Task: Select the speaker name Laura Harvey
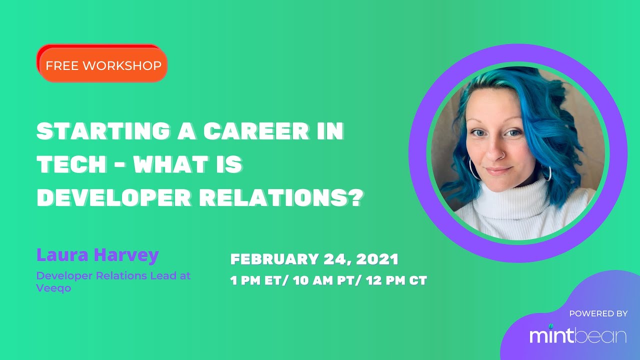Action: [97, 255]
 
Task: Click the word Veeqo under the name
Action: [53, 288]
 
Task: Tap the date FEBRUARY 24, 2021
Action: [314, 259]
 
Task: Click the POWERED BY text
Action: [598, 313]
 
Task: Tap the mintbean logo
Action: [578, 335]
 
